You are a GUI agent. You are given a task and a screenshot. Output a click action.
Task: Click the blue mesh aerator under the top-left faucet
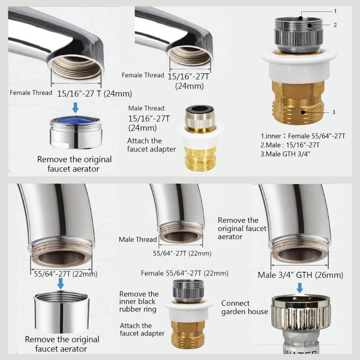76,133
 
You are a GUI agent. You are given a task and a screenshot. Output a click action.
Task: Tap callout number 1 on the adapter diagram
335,11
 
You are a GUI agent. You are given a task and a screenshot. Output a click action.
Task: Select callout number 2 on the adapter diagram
335,25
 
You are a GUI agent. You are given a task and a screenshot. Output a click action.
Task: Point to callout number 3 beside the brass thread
334,112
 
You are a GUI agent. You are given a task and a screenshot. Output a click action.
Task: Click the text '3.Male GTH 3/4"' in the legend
286,154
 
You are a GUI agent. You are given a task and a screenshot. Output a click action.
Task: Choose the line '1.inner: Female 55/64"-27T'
303,136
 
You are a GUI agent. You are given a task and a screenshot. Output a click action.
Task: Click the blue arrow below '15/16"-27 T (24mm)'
76,107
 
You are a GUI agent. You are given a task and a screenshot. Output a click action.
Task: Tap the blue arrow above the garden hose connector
299,287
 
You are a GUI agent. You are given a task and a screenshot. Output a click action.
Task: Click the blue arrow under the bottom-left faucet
61,284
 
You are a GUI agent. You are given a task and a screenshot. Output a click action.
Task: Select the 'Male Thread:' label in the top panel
147,108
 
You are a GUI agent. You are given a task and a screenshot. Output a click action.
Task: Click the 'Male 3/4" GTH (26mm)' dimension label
301,275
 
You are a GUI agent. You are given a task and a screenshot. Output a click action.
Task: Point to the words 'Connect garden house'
245,307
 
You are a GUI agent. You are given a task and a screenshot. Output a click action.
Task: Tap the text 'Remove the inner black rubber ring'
139,301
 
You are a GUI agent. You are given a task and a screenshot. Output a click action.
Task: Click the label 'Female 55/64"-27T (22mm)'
185,273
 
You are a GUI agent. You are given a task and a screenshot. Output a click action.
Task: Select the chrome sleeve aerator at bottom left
61,311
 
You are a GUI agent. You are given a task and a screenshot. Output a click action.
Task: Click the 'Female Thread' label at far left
31,93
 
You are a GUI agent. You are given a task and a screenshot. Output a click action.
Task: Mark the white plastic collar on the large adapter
298,66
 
